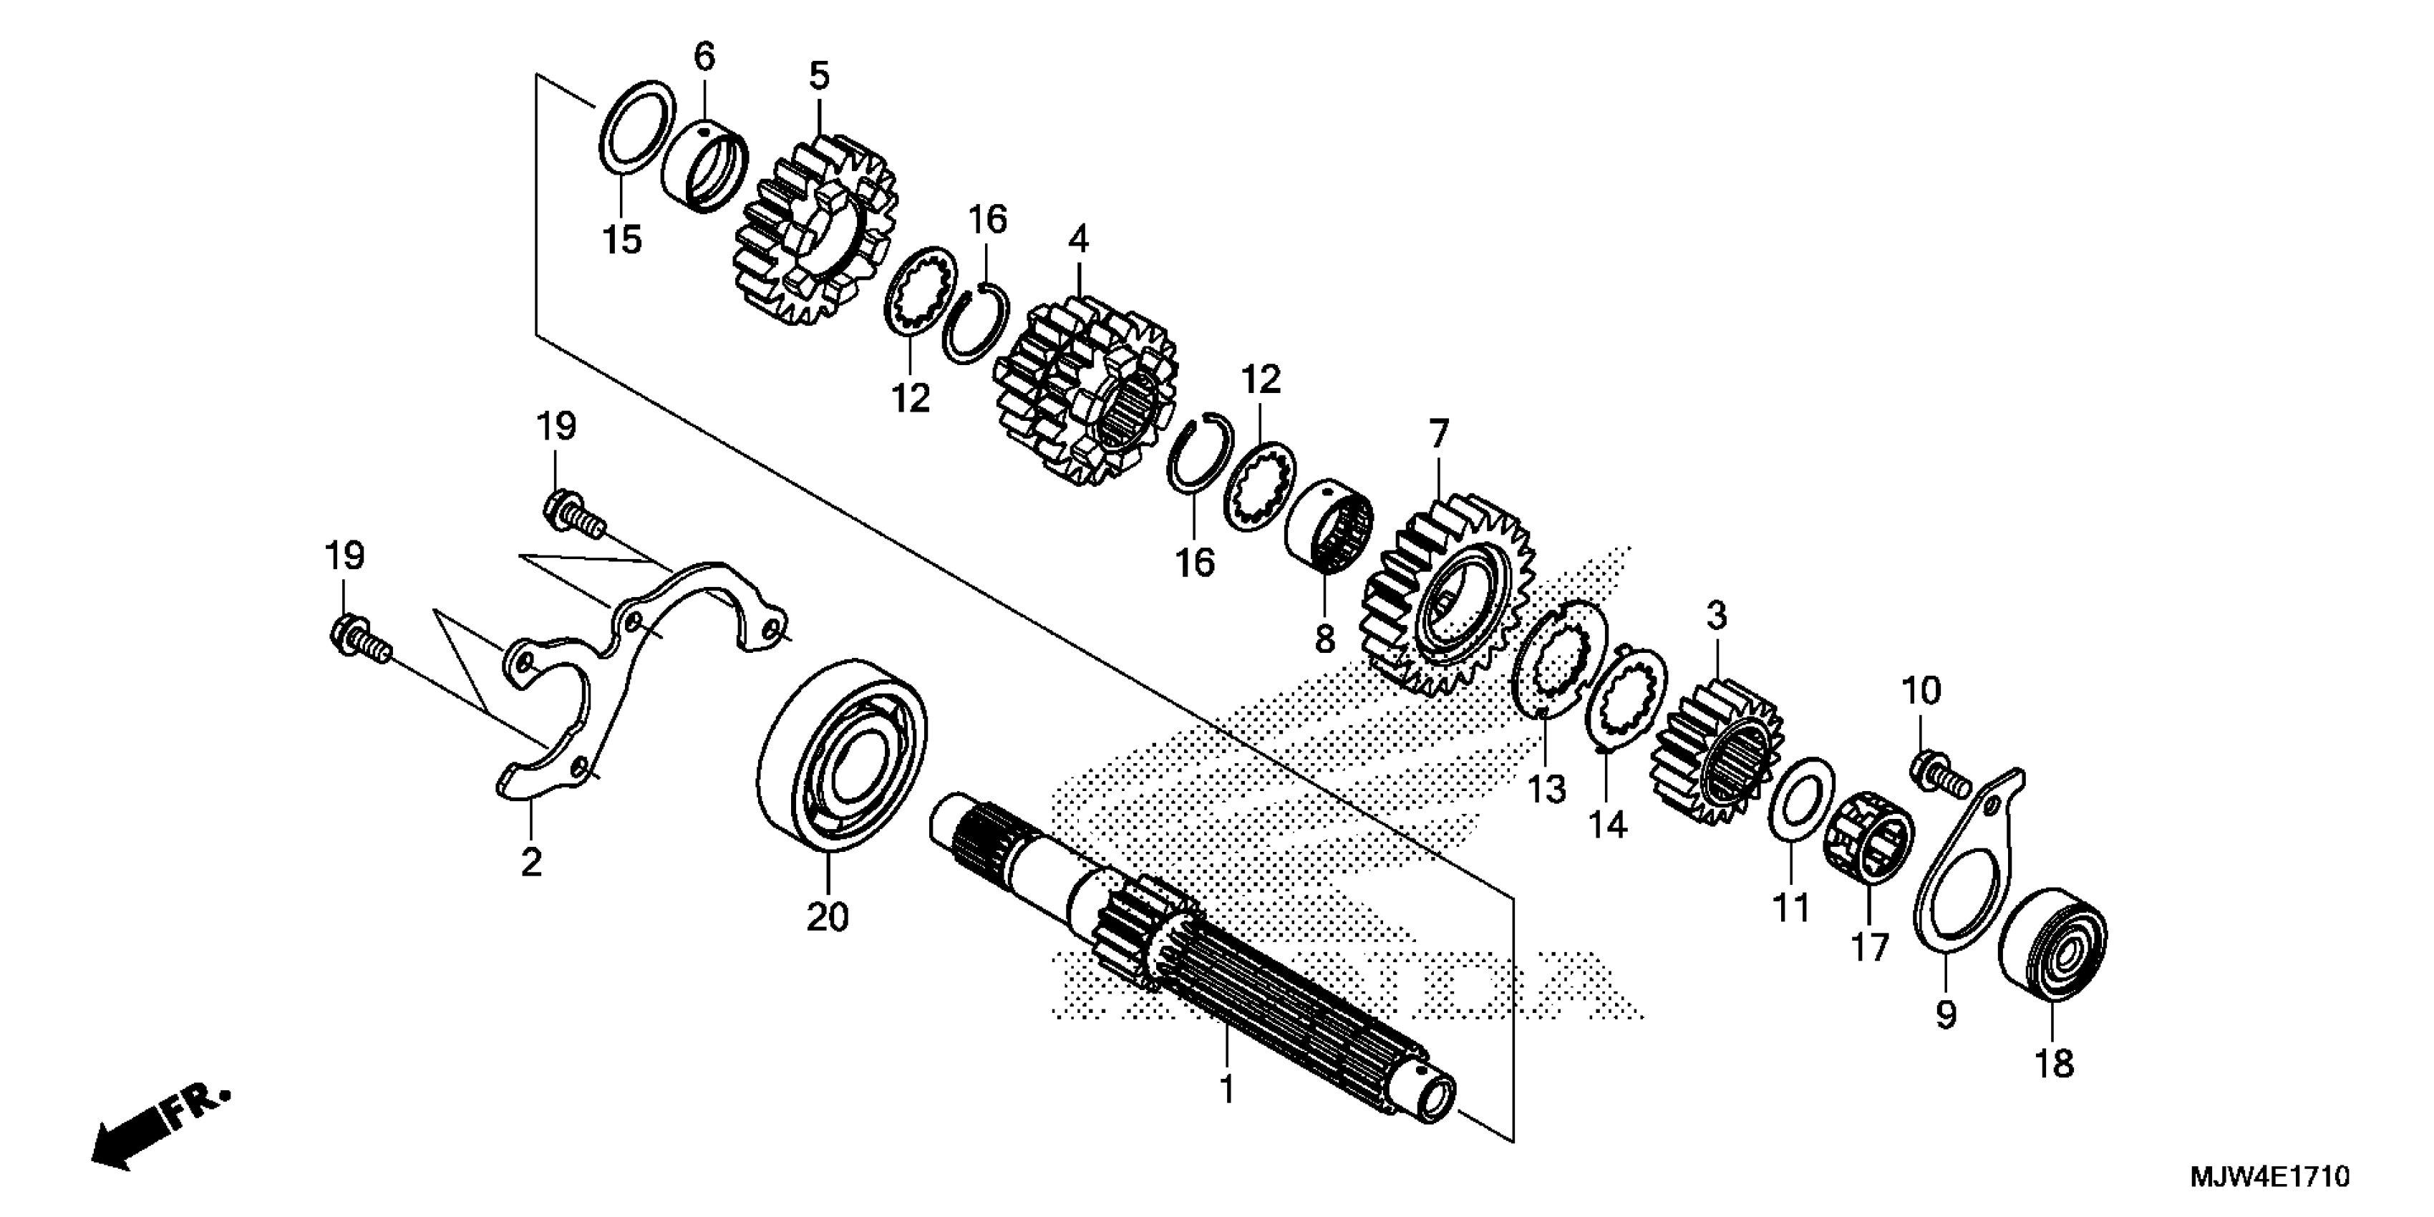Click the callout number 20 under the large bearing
tap(828, 916)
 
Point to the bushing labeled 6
tap(706, 165)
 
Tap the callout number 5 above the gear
tap(818, 74)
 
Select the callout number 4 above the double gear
tap(1078, 238)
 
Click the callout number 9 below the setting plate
tap(1944, 1015)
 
